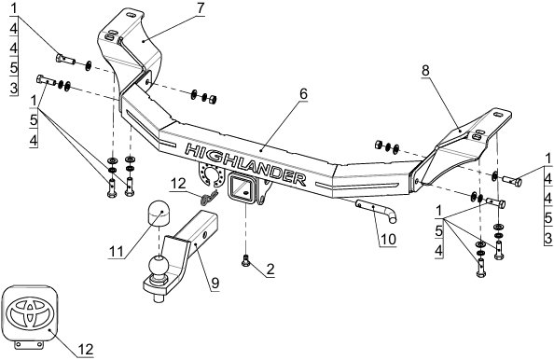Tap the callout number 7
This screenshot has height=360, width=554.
pyautogui.click(x=201, y=8)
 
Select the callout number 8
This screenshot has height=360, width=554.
pyautogui.click(x=425, y=71)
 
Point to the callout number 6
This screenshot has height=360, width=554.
pyautogui.click(x=303, y=94)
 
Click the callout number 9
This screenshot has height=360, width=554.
pyautogui.click(x=215, y=283)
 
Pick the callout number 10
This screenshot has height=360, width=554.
pyautogui.click(x=388, y=240)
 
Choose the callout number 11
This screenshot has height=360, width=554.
pyautogui.click(x=117, y=252)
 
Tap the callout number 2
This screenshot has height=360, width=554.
pyautogui.click(x=270, y=270)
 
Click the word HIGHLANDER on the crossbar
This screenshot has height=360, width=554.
pyautogui.click(x=245, y=164)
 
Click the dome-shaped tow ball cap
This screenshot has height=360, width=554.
pyautogui.click(x=158, y=213)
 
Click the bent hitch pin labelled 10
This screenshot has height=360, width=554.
pyautogui.click(x=378, y=211)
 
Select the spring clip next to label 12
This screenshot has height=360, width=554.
pyautogui.click(x=208, y=197)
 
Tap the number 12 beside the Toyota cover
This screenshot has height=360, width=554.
pyautogui.click(x=85, y=349)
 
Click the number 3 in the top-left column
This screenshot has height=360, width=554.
pyautogui.click(x=14, y=88)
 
